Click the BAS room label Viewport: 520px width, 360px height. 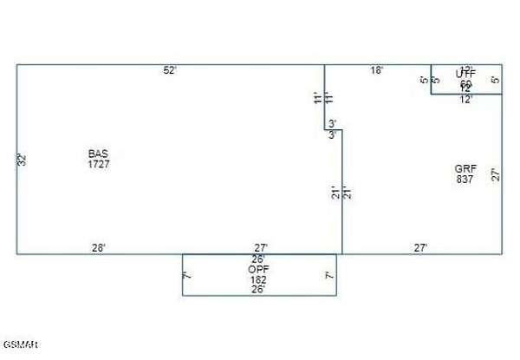point(98,154)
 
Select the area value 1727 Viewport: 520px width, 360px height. point(98,164)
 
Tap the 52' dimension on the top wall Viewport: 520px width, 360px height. point(170,70)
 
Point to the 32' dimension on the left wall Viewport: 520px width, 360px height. point(23,160)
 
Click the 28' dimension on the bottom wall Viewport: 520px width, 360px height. point(99,248)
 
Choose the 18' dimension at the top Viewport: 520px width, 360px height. point(377,70)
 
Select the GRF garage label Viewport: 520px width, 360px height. point(464,168)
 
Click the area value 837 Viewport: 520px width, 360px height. point(464,179)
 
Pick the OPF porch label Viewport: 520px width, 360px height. point(258,270)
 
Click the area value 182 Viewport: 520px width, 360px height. point(258,280)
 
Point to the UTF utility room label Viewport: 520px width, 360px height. point(465,75)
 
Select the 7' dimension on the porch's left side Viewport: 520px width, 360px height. point(187,276)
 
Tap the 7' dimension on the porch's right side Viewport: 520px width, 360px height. point(329,276)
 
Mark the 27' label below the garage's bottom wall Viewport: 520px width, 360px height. point(420,248)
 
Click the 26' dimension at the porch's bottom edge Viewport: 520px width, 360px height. point(258,290)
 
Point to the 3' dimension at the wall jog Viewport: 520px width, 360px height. point(333,123)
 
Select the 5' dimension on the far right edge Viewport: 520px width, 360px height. point(496,80)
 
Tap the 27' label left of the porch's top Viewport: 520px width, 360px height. point(261,248)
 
